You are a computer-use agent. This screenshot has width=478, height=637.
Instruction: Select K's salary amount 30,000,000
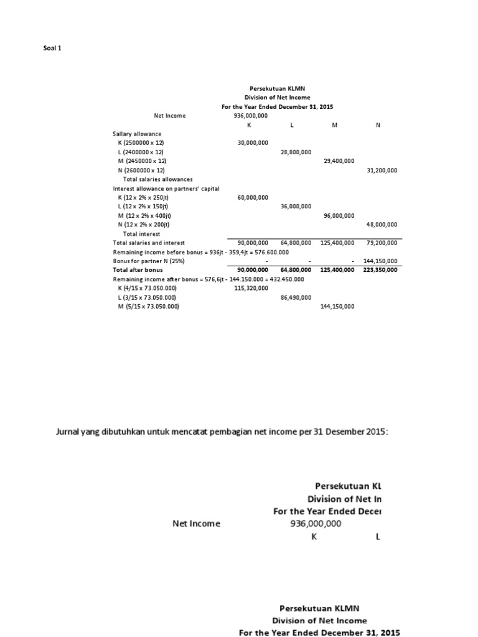pos(253,143)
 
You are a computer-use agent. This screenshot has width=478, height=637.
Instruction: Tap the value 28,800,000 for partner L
pos(296,152)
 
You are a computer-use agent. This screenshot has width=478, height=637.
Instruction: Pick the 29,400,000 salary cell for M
pos(339,160)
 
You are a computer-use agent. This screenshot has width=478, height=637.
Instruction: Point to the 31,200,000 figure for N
pos(382,170)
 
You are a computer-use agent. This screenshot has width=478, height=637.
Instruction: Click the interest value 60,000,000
pos(253,197)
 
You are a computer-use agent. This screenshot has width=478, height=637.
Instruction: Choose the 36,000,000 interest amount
pos(296,206)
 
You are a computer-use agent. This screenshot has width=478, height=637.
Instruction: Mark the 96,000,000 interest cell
pos(339,215)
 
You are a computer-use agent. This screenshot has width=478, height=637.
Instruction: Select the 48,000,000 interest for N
pos(382,224)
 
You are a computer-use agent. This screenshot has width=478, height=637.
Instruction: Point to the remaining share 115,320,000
pos(253,288)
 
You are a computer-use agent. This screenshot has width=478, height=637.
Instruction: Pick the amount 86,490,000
pos(296,297)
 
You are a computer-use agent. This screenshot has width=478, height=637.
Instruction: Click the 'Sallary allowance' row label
pos(137,134)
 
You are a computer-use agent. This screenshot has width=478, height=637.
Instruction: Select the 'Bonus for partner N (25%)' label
pos(147,261)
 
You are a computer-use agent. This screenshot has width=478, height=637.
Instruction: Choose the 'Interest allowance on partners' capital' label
pos(166,188)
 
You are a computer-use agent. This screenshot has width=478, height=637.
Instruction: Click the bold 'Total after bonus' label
pos(138,270)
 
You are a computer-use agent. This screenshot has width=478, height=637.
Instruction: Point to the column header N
pos(378,124)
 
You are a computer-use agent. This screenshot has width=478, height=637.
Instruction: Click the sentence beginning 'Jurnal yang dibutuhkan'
pos(222,432)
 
